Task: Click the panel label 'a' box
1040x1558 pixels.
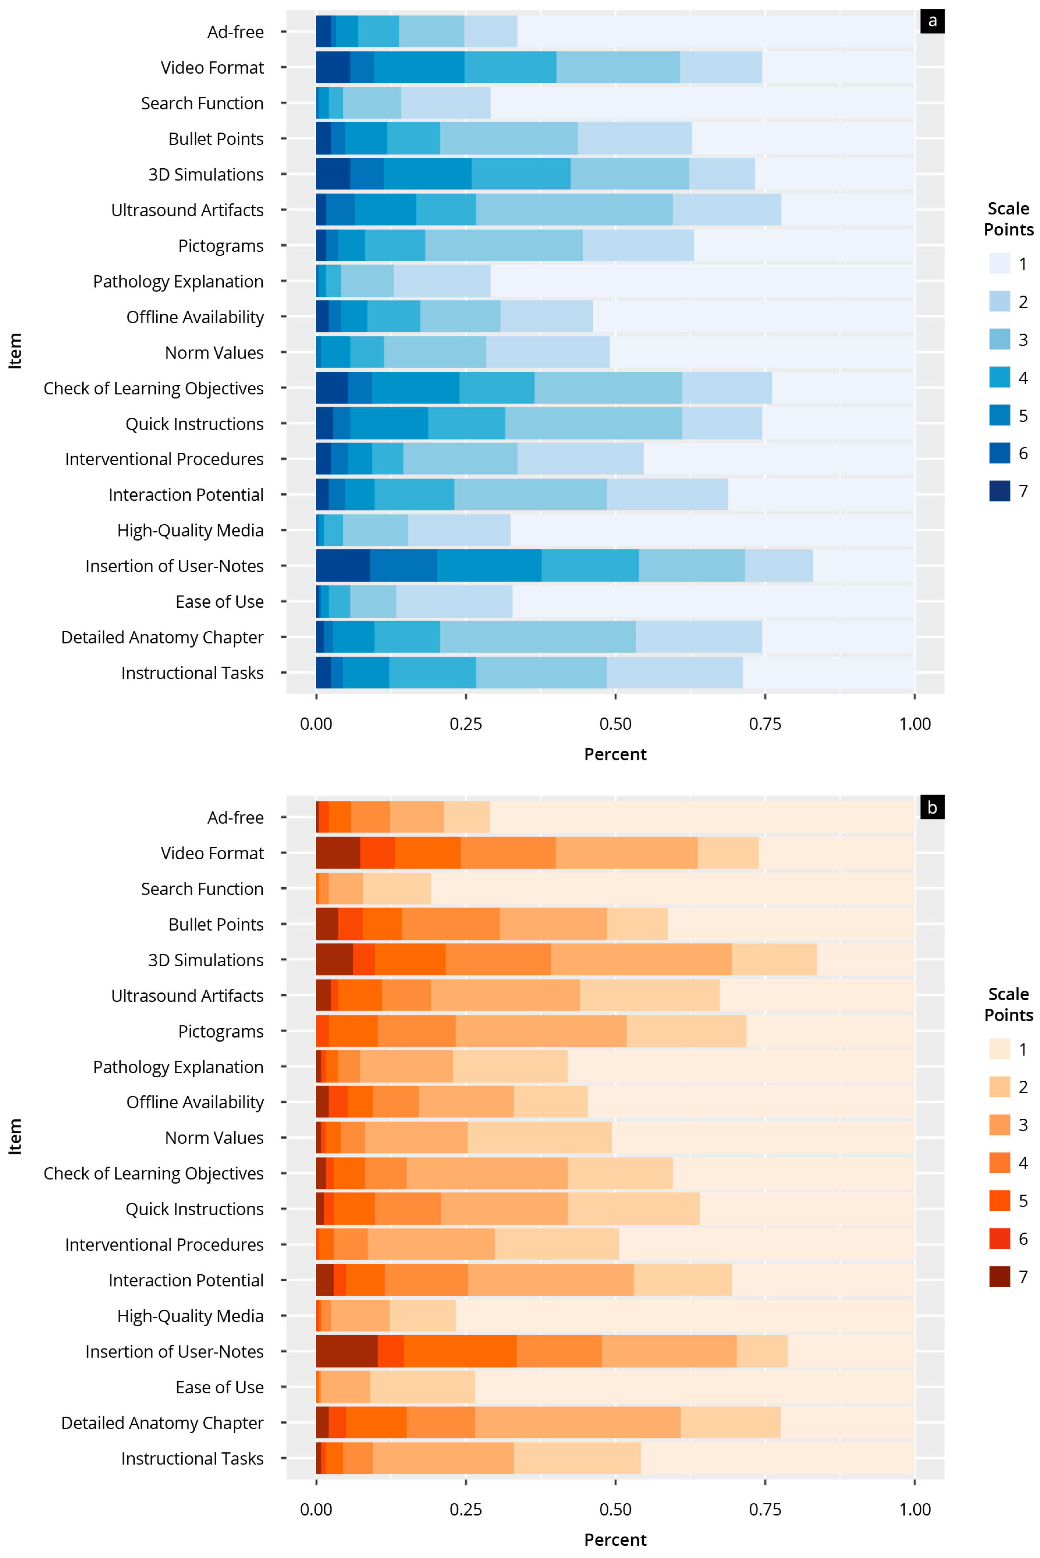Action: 932,21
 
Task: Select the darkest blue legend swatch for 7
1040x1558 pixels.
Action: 999,491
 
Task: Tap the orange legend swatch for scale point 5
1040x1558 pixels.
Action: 999,1201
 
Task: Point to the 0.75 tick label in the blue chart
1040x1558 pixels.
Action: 765,724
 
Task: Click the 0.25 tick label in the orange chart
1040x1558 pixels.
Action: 466,1510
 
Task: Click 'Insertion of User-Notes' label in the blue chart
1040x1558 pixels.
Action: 174,566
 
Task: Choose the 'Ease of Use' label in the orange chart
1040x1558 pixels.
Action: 220,1388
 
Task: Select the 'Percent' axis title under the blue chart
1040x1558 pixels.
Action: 615,755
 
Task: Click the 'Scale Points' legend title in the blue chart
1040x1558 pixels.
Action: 1008,219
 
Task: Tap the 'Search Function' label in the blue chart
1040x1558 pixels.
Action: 202,104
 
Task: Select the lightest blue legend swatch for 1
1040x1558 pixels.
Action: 999,263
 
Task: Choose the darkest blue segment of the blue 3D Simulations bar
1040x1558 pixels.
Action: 333,174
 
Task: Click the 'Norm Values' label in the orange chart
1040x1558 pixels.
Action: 214,1138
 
